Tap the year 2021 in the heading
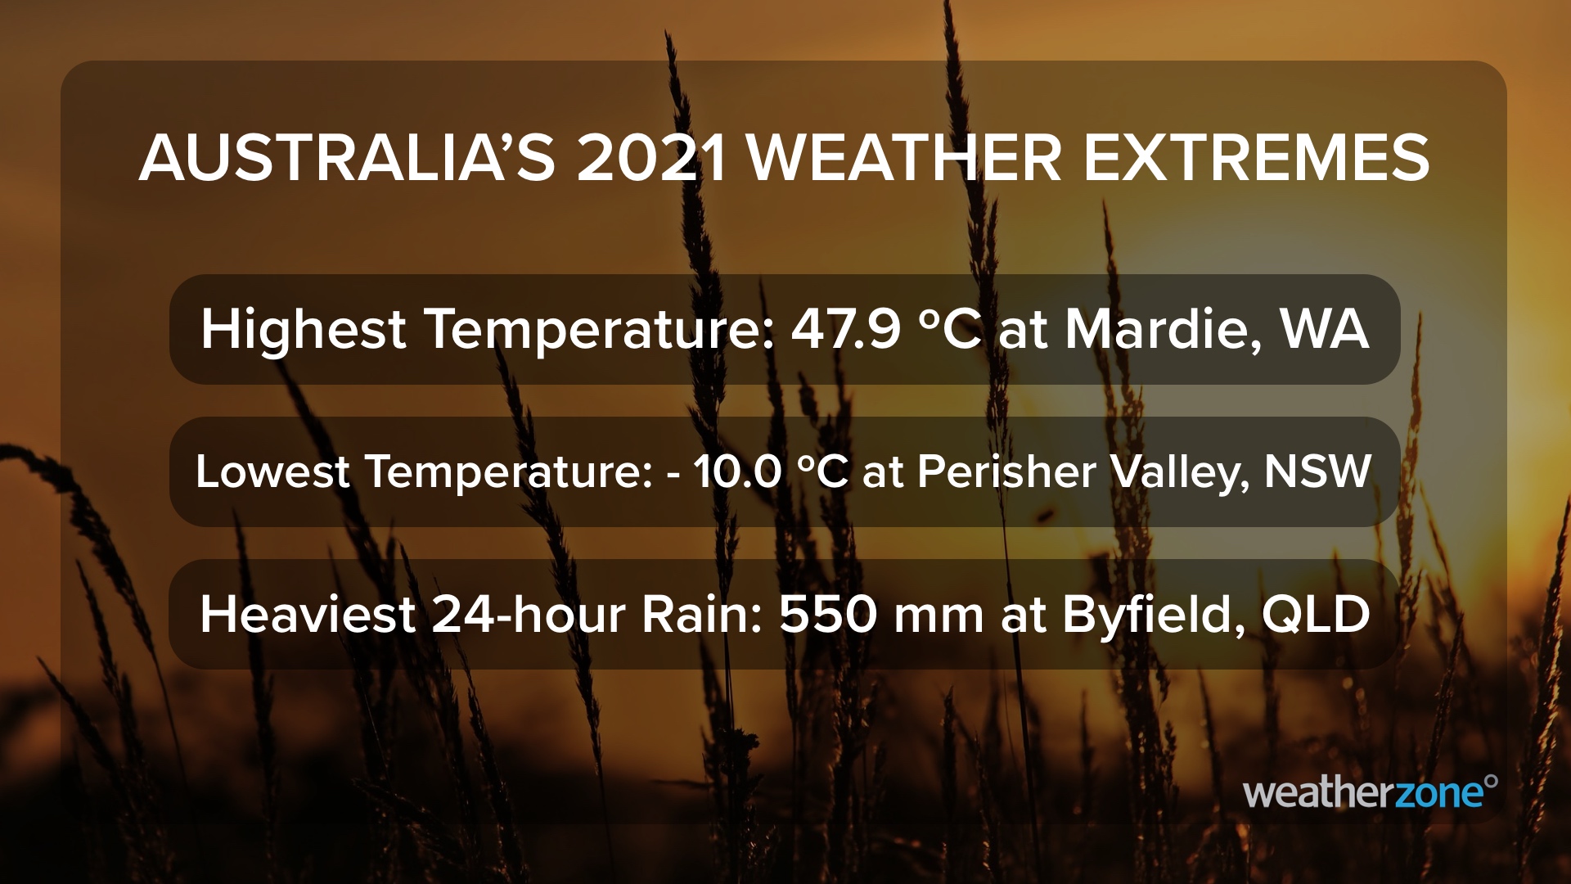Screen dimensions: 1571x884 point(652,159)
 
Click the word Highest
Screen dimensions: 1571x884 point(303,331)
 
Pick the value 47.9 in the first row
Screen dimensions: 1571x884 point(846,330)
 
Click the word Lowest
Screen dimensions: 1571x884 point(272,471)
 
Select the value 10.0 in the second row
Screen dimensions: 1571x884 point(737,472)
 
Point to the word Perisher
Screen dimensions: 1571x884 point(1006,471)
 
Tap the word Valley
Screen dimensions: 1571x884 point(1180,473)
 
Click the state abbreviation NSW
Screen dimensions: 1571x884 point(1317,472)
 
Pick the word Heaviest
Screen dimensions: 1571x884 point(308,616)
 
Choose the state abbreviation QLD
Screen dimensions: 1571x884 point(1316,616)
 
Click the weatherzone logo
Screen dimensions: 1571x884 point(1371,792)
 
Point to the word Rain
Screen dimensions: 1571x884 point(702,616)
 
